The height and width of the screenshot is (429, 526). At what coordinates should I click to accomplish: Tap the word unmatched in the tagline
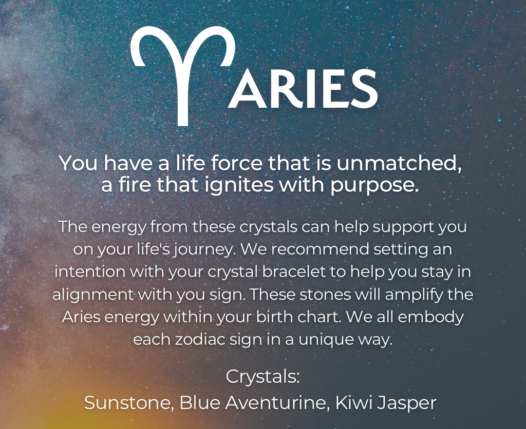point(399,163)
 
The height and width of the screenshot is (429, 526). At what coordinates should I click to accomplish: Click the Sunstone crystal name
point(128,403)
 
